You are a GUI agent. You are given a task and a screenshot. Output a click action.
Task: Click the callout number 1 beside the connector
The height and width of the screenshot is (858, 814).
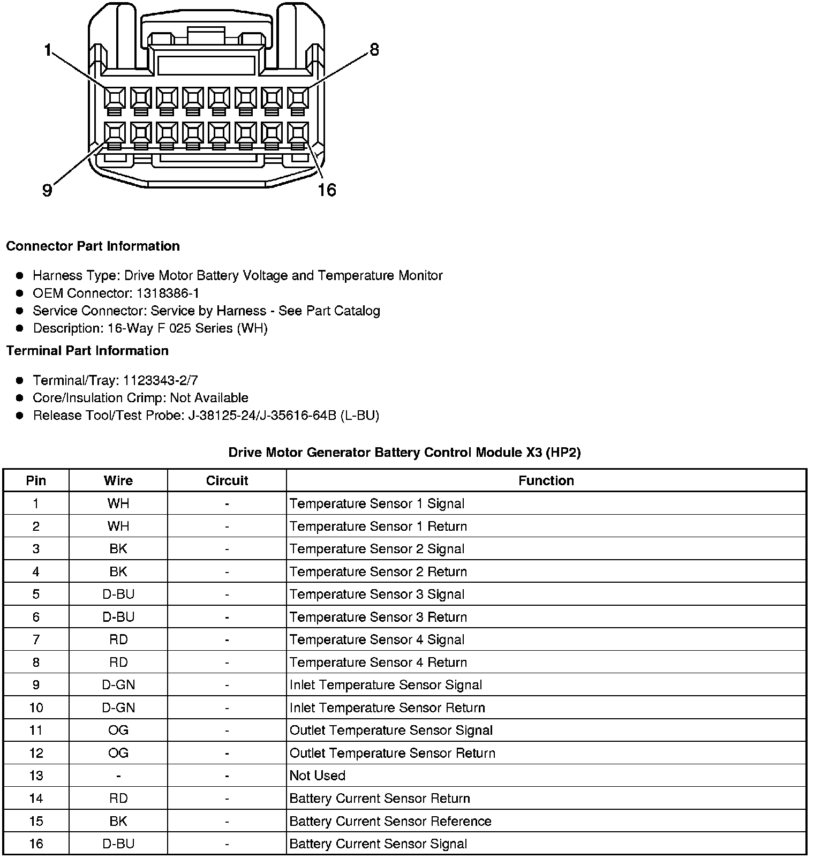(48, 51)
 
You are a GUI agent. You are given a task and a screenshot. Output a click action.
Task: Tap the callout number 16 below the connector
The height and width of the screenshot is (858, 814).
(327, 190)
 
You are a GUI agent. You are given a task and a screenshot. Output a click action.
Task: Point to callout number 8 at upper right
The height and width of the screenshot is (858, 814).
(374, 50)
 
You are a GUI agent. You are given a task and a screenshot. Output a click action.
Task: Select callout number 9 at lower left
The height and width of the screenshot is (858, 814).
(47, 190)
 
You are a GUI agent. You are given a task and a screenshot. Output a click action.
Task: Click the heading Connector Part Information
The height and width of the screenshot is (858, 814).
(93, 246)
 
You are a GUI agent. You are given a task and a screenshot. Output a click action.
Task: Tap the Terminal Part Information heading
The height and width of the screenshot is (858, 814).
(87, 351)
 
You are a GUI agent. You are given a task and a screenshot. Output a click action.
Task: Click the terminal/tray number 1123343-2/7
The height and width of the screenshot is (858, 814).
(160, 380)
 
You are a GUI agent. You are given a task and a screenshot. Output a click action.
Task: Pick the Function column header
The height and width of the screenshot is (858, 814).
(546, 480)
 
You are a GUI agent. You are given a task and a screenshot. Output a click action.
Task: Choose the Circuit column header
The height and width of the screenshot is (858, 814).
(227, 480)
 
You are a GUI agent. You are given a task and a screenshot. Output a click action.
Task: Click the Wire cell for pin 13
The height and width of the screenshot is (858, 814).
(118, 776)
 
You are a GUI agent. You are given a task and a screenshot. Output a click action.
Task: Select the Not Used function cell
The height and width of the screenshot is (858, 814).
(317, 776)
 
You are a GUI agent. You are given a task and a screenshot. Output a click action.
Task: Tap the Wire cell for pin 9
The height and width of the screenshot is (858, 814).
(118, 685)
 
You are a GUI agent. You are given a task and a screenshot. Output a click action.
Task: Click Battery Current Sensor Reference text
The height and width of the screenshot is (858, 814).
(390, 821)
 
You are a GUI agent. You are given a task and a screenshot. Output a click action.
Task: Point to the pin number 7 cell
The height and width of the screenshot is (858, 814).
(36, 639)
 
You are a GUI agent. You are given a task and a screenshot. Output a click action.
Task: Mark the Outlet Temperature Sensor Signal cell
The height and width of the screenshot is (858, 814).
(391, 731)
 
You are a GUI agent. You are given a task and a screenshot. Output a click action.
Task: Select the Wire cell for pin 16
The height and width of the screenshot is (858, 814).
(118, 844)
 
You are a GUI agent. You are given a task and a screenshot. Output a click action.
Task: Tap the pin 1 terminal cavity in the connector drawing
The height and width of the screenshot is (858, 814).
(115, 98)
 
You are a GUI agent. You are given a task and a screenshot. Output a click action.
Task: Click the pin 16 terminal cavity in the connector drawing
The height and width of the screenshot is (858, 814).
(298, 133)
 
